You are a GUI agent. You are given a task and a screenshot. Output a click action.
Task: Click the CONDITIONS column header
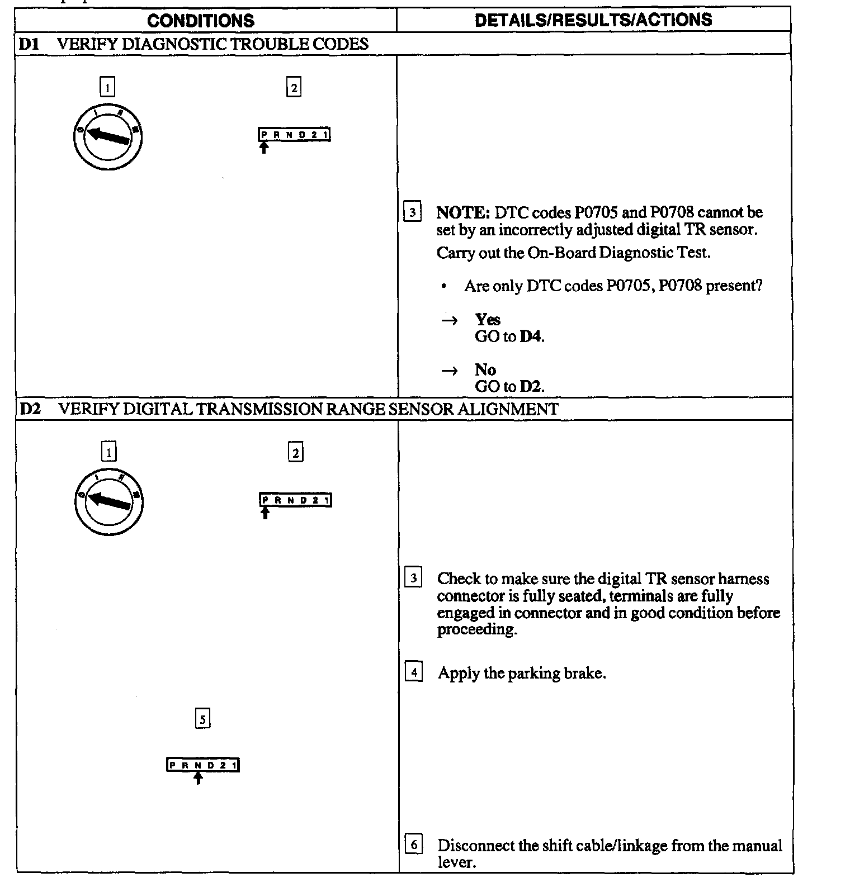201,21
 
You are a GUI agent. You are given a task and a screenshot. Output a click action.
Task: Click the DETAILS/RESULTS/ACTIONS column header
593,20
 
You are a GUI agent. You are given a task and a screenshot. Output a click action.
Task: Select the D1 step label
29,44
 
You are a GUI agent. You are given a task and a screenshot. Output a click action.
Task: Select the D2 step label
30,409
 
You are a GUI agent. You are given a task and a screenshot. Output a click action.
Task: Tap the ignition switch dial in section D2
109,501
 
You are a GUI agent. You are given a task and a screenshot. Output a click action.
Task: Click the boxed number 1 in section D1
107,87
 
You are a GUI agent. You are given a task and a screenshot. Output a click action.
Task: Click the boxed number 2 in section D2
296,452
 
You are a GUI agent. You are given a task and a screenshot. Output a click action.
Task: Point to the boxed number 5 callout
202,719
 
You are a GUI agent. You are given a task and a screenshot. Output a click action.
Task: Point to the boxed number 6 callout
413,844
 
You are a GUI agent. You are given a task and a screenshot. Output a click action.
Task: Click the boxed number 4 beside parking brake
413,672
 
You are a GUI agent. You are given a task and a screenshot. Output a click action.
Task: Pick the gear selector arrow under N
198,778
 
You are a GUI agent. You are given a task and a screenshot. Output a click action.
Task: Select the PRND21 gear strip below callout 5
203,765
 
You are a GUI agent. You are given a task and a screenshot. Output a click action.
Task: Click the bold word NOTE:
463,212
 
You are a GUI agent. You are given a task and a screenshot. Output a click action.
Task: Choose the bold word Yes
488,319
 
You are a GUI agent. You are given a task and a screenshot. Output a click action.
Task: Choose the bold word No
485,369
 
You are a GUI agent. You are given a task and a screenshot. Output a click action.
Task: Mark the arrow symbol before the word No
450,371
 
